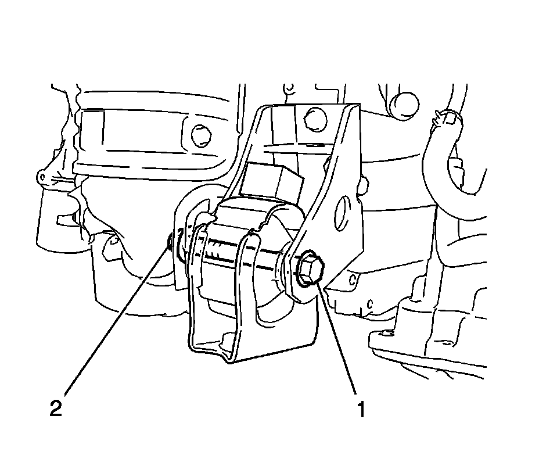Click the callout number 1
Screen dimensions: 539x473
point(361,409)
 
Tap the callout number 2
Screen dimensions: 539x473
point(56,408)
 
